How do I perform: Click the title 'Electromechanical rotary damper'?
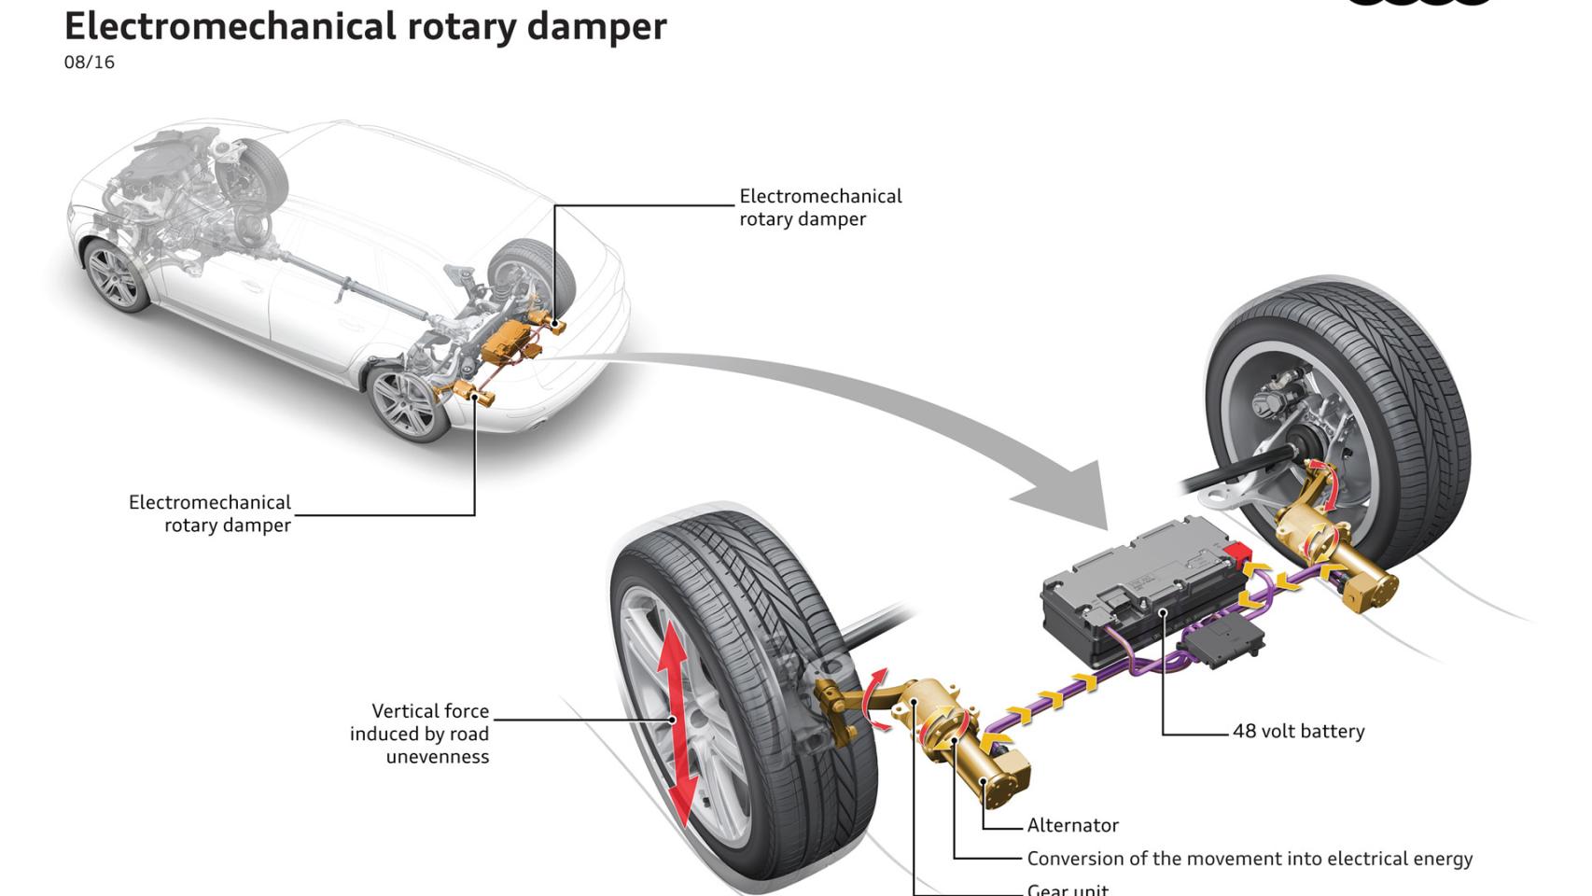[365, 26]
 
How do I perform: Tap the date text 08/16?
[90, 63]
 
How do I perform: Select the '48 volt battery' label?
[1298, 732]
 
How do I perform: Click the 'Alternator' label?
[1072, 826]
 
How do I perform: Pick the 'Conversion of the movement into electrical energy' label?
[1250, 859]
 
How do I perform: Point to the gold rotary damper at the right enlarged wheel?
[1330, 546]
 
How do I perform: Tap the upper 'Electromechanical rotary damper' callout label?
[820, 208]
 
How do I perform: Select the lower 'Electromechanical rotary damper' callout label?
[210, 514]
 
